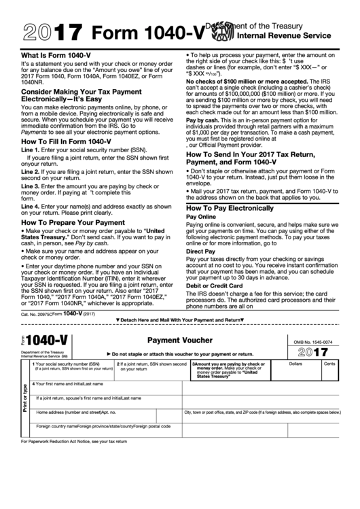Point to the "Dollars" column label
295,365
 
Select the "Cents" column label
329,365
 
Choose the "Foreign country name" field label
56,426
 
